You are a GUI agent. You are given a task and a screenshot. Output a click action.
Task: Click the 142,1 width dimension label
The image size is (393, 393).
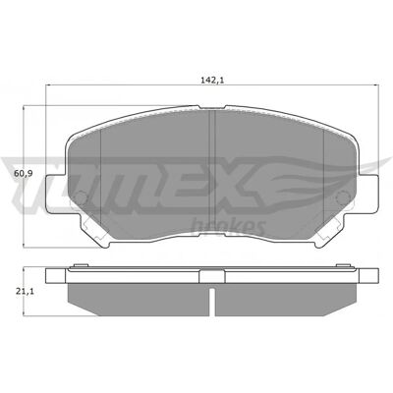(x=212, y=80)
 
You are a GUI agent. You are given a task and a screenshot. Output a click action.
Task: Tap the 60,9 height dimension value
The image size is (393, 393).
(x=23, y=174)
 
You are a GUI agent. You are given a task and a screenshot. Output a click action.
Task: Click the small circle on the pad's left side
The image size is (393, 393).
(x=80, y=197)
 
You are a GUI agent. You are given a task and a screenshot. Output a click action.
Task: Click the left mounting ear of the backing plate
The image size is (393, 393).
(x=56, y=194)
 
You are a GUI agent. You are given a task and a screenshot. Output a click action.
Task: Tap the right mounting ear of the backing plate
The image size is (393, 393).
(x=367, y=194)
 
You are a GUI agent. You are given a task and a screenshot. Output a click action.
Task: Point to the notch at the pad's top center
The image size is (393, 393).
(x=212, y=107)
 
